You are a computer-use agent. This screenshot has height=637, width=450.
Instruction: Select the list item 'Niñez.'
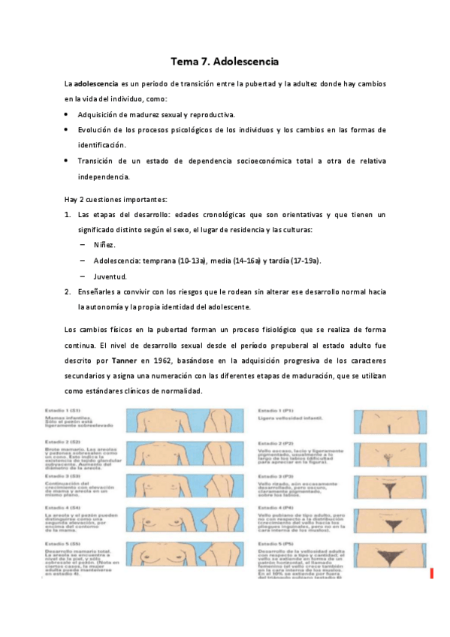click(105, 245)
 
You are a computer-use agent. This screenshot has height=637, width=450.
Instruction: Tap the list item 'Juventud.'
click(110, 276)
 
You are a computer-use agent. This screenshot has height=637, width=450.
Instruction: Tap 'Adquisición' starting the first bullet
click(101, 115)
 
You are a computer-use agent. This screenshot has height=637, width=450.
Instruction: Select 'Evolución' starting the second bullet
click(97, 130)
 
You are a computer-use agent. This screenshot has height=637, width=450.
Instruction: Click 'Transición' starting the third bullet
click(99, 161)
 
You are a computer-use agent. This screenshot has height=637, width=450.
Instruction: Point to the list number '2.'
click(67, 291)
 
